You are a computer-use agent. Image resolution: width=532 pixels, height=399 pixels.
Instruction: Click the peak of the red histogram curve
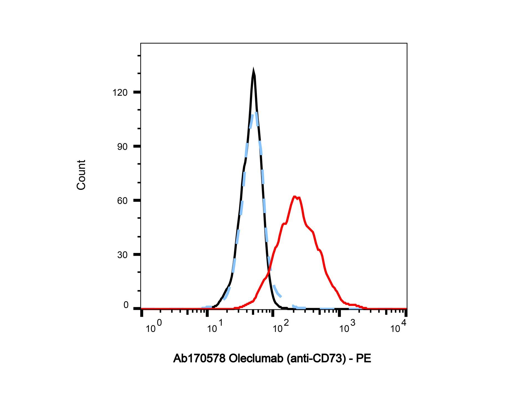coord(295,197)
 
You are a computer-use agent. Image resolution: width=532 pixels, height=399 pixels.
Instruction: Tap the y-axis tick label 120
coord(120,93)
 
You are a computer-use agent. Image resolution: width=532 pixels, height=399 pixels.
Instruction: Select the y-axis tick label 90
coord(122,147)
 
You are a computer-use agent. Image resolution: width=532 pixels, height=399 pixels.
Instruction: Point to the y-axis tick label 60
coord(122,201)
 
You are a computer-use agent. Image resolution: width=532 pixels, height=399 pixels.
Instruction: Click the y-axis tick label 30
coord(122,255)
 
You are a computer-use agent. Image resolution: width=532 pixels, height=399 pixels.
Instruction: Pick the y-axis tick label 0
coord(126,305)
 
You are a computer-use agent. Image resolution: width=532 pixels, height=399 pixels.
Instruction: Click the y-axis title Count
coord(81,175)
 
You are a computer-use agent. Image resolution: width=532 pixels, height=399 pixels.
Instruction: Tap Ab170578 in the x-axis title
coord(200,359)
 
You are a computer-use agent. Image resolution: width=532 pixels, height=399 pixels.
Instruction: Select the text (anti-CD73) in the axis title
coord(316,359)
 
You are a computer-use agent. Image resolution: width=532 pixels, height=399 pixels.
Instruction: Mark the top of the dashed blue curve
coord(254,113)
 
